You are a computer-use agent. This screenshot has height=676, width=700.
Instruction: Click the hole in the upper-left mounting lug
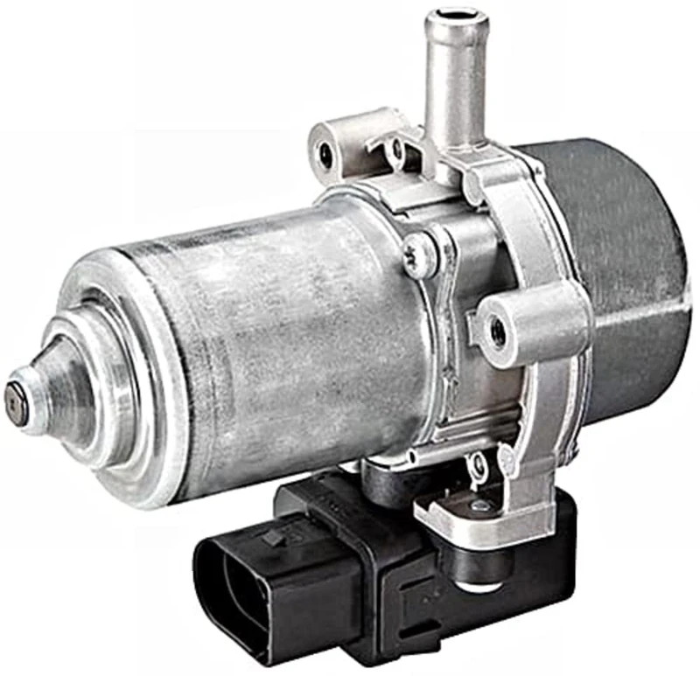[x=326, y=155]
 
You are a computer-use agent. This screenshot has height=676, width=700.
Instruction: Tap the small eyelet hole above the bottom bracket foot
[x=478, y=463]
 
